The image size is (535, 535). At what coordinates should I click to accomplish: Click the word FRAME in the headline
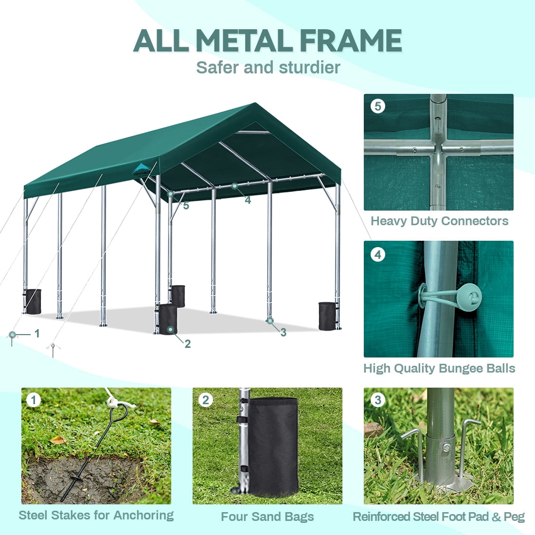coord(352,40)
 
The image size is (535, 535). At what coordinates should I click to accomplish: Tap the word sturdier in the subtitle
coord(309,67)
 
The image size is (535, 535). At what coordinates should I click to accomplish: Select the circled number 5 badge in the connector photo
coord(378,106)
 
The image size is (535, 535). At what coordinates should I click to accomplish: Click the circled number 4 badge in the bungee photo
coord(378,254)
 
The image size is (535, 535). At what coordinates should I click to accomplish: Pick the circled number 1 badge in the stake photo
coord(34,400)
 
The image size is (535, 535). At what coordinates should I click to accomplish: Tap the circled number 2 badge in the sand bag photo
coord(205,400)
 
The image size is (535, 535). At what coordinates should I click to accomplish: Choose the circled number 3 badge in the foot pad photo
coord(378,400)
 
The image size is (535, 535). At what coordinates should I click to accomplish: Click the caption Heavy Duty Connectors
coord(440,221)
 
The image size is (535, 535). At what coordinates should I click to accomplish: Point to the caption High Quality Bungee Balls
coord(439,369)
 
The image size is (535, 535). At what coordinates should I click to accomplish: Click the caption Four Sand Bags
coord(267,517)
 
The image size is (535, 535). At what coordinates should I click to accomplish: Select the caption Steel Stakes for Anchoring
coord(96,515)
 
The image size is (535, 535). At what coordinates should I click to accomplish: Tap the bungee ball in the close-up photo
coord(468,297)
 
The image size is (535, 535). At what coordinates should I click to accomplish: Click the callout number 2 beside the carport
coord(187,344)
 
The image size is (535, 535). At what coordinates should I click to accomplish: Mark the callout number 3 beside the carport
coord(283,332)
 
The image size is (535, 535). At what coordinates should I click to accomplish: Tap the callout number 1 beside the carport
coord(37,333)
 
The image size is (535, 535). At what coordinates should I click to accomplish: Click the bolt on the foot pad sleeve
coord(446,447)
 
